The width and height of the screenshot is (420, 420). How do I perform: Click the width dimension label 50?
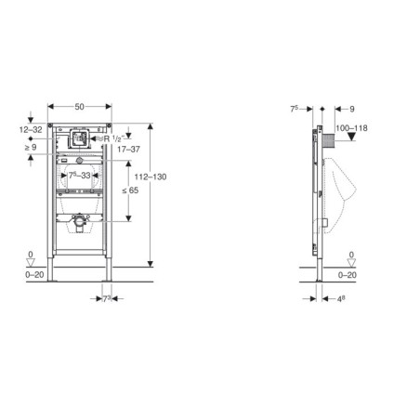click(x=79, y=107)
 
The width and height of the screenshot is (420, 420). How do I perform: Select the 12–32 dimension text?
click(x=31, y=129)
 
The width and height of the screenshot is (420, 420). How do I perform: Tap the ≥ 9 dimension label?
click(x=31, y=147)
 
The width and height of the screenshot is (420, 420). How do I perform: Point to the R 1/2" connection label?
click(x=113, y=138)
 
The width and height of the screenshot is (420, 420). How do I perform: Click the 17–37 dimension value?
click(x=128, y=150)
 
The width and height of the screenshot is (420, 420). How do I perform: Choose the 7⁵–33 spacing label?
click(x=80, y=176)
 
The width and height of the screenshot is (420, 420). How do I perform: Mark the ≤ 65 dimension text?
click(x=130, y=190)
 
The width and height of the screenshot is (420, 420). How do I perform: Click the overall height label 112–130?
click(x=151, y=177)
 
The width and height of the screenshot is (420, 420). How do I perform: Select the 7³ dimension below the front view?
click(x=107, y=299)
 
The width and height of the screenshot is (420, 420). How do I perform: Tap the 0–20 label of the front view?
click(x=34, y=275)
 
